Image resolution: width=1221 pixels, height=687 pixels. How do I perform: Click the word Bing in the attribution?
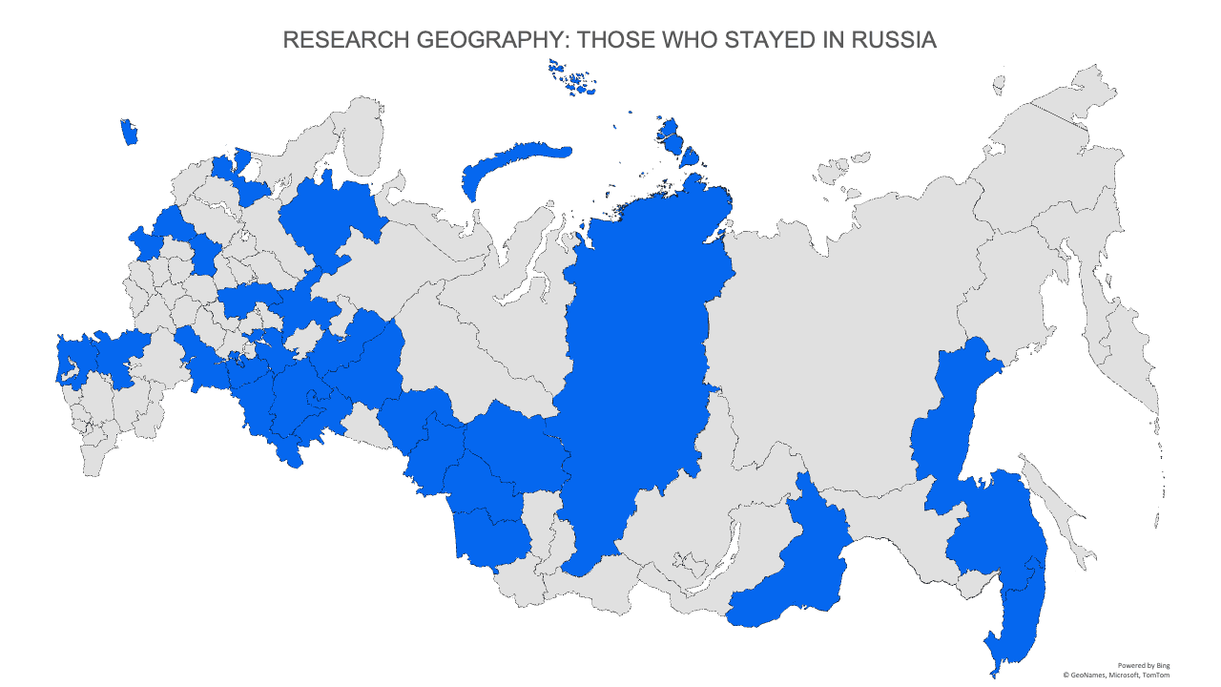[1161, 665]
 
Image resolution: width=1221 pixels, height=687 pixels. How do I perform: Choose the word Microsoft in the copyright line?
[1122, 675]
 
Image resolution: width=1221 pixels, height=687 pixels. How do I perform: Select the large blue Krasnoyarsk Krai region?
[634, 363]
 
